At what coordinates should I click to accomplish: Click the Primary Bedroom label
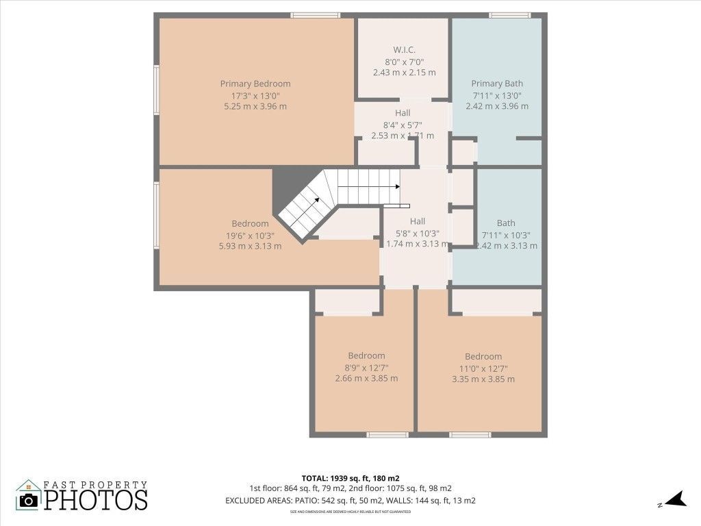click(255, 84)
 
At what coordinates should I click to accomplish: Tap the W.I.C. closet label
click(404, 49)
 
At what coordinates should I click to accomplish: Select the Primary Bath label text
click(497, 84)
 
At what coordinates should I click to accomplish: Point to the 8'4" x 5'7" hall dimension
click(403, 125)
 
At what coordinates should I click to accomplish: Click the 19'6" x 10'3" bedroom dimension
click(250, 235)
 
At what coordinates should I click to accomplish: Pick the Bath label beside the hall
click(507, 223)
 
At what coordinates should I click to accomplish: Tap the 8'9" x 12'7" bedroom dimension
click(366, 367)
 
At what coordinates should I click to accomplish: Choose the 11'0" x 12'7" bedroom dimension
click(483, 368)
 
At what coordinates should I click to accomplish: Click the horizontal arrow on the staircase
click(370, 186)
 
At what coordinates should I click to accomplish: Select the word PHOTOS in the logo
click(96, 499)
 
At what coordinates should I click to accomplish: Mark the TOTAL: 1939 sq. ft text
click(350, 477)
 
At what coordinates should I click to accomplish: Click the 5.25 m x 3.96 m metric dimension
click(255, 106)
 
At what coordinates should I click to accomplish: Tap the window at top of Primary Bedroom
click(315, 15)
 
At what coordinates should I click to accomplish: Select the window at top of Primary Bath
click(510, 15)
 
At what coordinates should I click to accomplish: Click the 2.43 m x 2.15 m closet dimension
click(404, 72)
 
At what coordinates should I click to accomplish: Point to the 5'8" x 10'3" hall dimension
click(418, 233)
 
